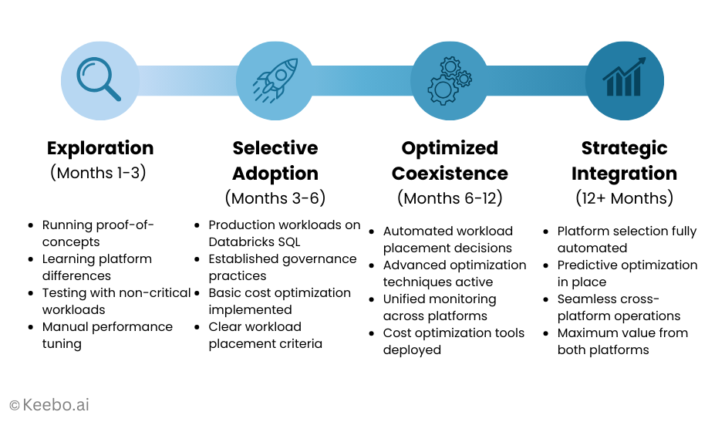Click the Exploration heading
click(x=100, y=148)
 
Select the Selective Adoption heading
click(x=275, y=160)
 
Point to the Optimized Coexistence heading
click(x=450, y=160)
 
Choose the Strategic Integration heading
click(x=624, y=160)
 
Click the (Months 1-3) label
click(x=98, y=172)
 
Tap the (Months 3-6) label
click(x=275, y=198)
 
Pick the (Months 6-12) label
click(x=450, y=198)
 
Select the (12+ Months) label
click(x=624, y=198)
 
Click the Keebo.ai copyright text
click(x=49, y=404)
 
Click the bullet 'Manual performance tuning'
click(x=106, y=335)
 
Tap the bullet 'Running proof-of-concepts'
click(x=98, y=233)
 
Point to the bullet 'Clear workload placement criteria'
click(x=265, y=335)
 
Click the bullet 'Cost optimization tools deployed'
click(x=454, y=341)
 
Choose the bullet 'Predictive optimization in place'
click(x=627, y=273)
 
